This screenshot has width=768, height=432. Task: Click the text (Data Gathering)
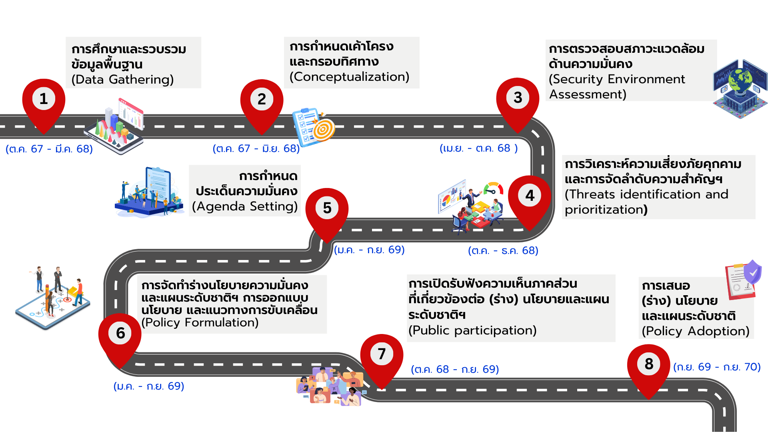click(122, 80)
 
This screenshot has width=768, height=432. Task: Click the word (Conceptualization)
click(349, 77)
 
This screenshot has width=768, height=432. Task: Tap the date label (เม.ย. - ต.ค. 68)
click(478, 148)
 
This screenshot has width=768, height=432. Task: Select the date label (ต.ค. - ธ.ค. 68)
click(503, 251)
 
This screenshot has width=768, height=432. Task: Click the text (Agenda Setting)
click(245, 206)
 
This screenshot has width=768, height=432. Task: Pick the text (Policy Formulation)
click(200, 322)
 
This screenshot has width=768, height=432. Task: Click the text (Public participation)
click(472, 330)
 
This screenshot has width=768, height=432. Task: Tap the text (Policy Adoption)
click(695, 331)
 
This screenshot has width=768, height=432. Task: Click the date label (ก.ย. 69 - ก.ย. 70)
click(716, 367)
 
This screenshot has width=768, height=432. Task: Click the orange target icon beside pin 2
click(324, 129)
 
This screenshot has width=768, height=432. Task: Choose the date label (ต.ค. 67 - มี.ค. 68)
click(49, 149)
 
